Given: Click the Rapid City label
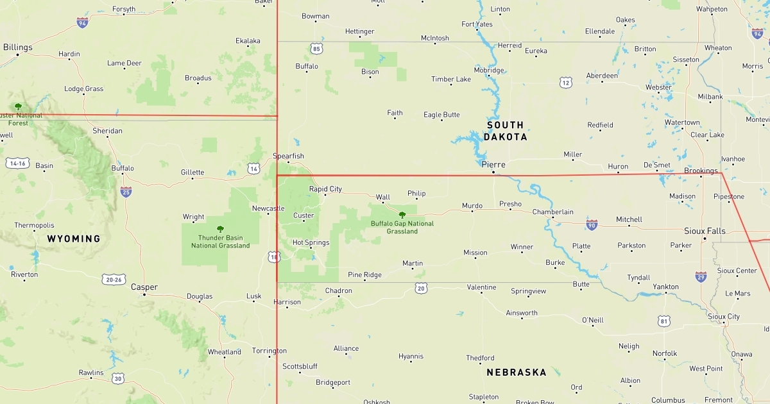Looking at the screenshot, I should click(325, 189).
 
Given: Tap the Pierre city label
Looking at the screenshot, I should click(493, 165).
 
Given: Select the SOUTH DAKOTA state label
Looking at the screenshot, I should click(505, 131).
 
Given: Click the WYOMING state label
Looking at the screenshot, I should click(74, 239).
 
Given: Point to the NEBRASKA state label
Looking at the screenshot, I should click(517, 372).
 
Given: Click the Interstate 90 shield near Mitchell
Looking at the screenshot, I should click(592, 224).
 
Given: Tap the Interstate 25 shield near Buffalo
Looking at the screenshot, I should click(126, 192).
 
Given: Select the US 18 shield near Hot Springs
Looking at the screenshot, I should click(275, 257).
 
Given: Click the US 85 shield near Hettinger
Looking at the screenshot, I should click(316, 49).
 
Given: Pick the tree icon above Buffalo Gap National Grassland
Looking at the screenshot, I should click(402, 215).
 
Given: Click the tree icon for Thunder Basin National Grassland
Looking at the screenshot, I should click(220, 229).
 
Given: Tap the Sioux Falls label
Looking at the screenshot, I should click(705, 231).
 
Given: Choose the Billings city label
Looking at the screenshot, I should click(17, 47).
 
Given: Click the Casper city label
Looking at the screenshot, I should click(144, 287).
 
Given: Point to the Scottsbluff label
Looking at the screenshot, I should click(300, 366).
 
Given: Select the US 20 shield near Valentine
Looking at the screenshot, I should click(421, 289).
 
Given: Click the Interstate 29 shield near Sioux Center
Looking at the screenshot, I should click(701, 276).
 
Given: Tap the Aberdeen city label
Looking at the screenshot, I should click(602, 76).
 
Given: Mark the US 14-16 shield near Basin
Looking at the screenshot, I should click(17, 164).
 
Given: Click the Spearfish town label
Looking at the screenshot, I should click(288, 156).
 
